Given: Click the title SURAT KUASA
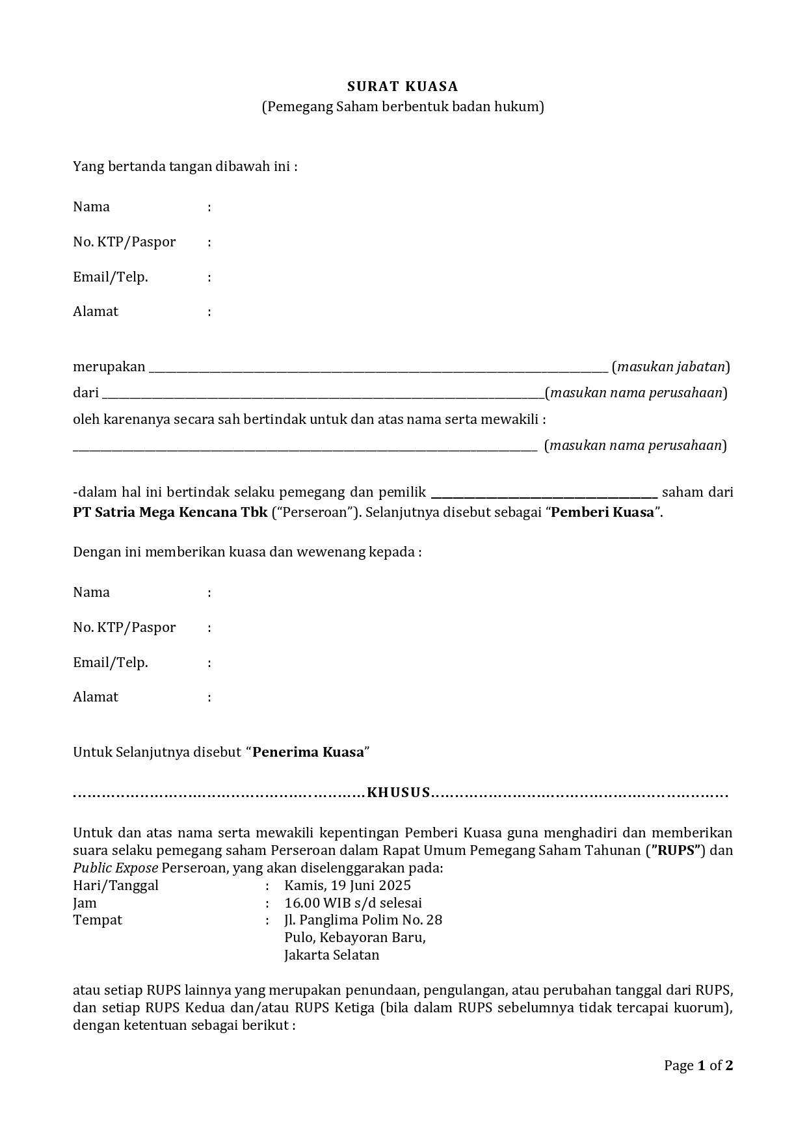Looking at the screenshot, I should [x=403, y=86].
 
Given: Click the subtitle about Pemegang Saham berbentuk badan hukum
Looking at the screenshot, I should [x=403, y=107].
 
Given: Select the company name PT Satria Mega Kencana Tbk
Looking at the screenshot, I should [x=170, y=512].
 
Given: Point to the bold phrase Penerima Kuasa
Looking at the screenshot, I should [x=308, y=752].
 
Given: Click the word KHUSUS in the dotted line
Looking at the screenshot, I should [x=399, y=793].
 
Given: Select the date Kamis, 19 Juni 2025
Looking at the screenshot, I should [x=347, y=885].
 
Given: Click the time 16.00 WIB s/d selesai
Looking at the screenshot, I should [x=353, y=903].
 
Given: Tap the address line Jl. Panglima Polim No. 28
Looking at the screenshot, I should [x=363, y=921].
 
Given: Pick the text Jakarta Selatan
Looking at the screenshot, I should [x=332, y=956].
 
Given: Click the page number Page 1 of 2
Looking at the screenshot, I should [x=698, y=1066].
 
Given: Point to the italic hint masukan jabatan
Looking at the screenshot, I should [x=670, y=367].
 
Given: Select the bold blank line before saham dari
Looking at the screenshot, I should [x=544, y=494].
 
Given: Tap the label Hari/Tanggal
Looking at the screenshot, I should [x=116, y=885].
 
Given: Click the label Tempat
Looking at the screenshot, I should [x=98, y=921].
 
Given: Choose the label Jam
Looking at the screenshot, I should [x=85, y=903].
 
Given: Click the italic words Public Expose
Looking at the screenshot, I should [x=115, y=868].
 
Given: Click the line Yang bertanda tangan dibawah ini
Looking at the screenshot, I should [x=185, y=166].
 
